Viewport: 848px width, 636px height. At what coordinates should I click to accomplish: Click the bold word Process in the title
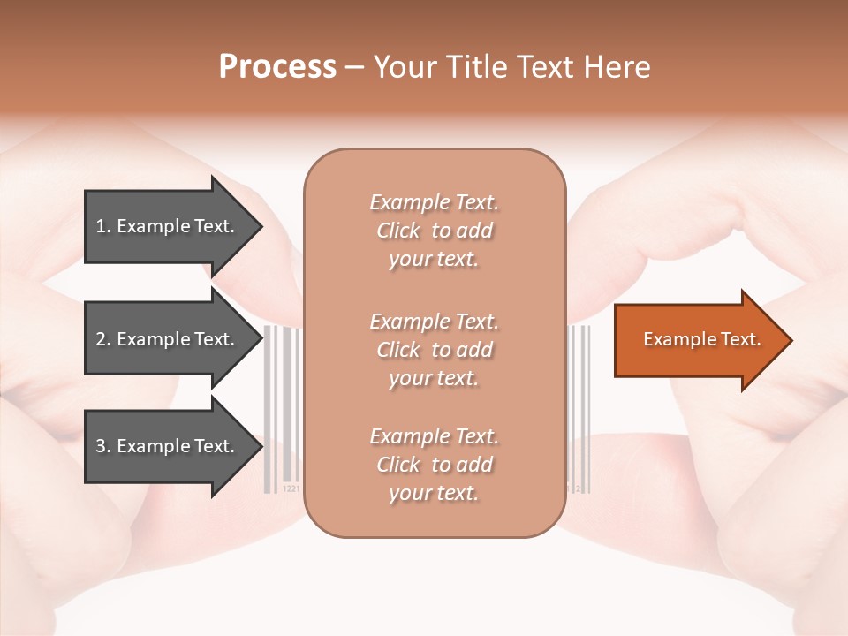point(277,67)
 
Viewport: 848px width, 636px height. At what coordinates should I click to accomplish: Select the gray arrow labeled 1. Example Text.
point(168,226)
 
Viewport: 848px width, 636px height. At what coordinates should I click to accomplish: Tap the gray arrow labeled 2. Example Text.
point(168,339)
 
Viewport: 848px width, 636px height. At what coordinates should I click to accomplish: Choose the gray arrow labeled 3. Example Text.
point(168,446)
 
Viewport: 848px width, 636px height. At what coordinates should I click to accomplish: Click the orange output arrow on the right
point(698,340)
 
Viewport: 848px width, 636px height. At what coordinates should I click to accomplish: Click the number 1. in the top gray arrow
point(103,226)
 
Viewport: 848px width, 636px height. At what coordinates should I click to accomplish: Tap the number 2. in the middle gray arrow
point(103,339)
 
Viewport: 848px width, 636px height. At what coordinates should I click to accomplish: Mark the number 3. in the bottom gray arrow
point(103,446)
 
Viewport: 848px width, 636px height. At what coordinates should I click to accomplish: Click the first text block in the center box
point(434,231)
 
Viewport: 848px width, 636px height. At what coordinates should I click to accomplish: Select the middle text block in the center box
point(434,350)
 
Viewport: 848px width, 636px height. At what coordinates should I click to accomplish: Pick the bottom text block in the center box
point(434,465)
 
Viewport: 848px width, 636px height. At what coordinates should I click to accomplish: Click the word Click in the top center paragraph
point(398,231)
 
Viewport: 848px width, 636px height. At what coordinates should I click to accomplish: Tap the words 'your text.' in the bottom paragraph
point(434,493)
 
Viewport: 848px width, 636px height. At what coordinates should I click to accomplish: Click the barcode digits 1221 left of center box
point(291,488)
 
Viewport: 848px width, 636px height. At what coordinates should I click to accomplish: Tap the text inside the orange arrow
point(701,339)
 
